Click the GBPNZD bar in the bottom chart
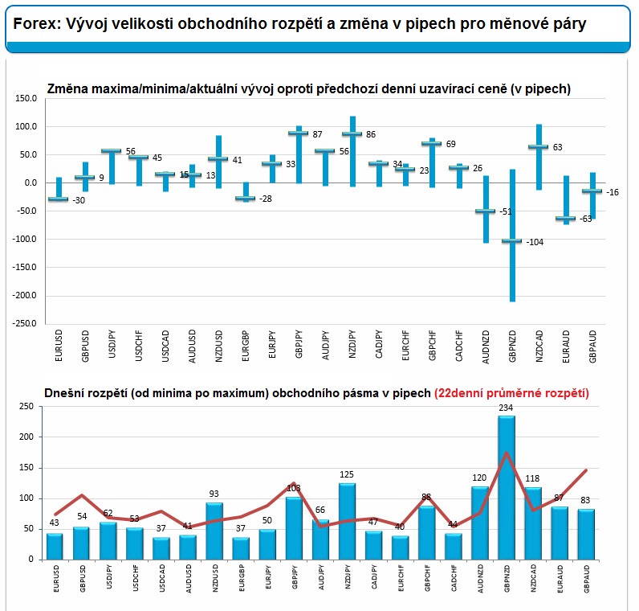[507, 487]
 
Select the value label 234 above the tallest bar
[507, 408]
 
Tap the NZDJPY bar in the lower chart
[348, 521]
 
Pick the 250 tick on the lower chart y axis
[26, 407]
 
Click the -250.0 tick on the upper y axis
[26, 323]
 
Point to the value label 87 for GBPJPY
[318, 134]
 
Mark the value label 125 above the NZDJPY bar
[347, 475]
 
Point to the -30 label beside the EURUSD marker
[79, 201]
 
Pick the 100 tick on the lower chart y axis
[26, 498]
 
